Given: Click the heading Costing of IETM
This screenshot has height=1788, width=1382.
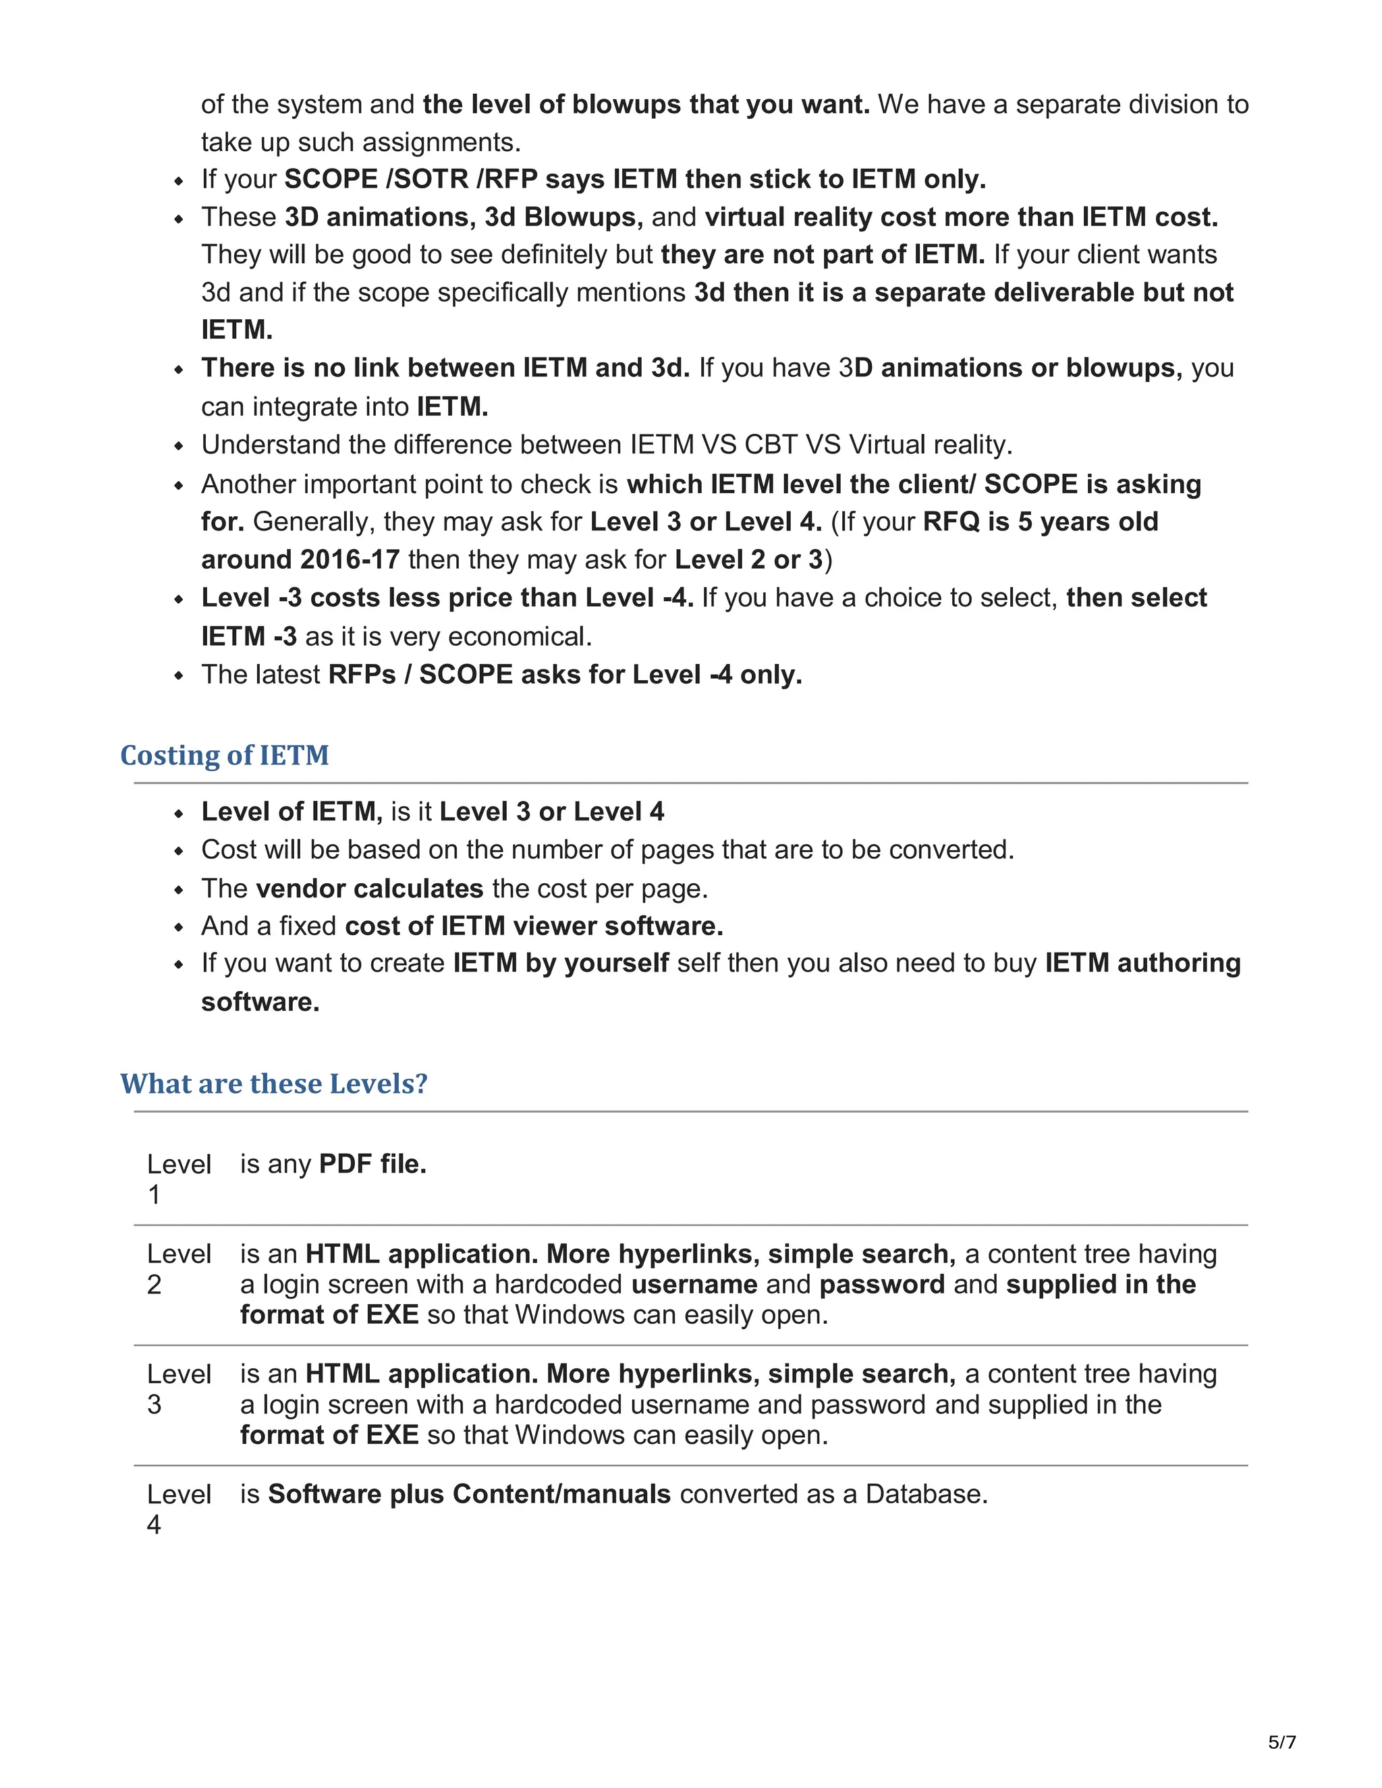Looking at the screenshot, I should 224,755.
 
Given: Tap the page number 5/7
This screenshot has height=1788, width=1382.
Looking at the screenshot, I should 1281,1741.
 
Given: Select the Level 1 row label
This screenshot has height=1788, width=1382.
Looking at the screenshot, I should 178,1178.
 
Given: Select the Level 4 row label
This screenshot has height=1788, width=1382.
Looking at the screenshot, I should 178,1508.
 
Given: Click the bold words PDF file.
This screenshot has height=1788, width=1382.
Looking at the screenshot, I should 372,1163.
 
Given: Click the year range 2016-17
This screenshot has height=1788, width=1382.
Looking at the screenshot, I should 350,559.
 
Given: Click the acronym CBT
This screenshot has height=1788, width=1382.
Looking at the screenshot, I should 771,445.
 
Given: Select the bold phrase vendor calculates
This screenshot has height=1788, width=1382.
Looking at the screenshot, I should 369,889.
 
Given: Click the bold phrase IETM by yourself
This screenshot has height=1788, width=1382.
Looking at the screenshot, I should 561,963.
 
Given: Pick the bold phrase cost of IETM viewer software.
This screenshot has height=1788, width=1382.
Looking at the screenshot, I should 534,926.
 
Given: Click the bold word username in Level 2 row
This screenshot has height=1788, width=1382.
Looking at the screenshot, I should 694,1284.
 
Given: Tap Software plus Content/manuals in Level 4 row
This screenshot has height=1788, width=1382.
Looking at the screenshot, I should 469,1494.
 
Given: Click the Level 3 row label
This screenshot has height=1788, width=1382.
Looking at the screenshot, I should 178,1389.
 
